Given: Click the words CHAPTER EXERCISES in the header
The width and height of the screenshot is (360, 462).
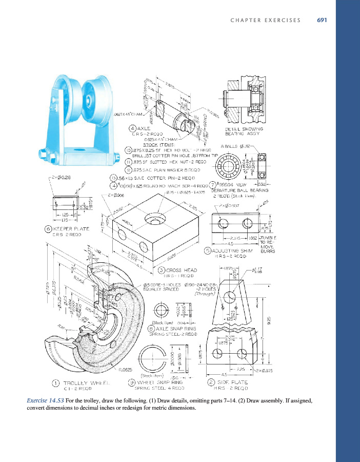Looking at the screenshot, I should point(266,21).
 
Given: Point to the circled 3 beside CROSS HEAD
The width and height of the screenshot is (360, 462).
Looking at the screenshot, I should point(161,270).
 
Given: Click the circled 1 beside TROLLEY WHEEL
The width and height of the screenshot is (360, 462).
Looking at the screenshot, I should point(55,382).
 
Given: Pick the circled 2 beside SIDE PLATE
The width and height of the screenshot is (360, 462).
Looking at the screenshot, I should point(210,382).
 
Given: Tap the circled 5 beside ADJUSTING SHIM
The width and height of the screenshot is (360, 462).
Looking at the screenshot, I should point(208,251).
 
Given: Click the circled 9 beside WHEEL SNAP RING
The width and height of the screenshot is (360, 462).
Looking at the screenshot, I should point(132,382).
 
